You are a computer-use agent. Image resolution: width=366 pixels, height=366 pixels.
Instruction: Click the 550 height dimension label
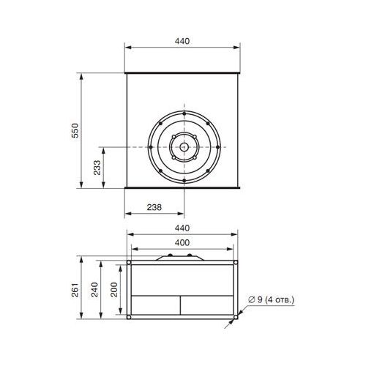75,130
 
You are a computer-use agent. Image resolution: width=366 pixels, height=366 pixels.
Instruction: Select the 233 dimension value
97,168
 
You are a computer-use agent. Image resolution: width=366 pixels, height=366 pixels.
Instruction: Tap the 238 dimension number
154,207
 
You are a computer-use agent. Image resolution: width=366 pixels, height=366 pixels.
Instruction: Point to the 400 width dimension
182,242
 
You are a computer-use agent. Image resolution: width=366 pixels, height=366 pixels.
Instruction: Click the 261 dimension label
75,290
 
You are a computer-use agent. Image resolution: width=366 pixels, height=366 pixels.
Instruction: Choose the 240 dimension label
94,290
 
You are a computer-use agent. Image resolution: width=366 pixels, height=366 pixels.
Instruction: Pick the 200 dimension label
114,290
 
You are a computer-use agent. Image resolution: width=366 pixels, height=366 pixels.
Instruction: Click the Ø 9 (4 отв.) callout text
271,299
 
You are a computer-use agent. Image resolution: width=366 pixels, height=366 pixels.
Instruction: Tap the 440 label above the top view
182,41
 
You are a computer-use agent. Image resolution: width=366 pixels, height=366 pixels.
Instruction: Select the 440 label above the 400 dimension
182,228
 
